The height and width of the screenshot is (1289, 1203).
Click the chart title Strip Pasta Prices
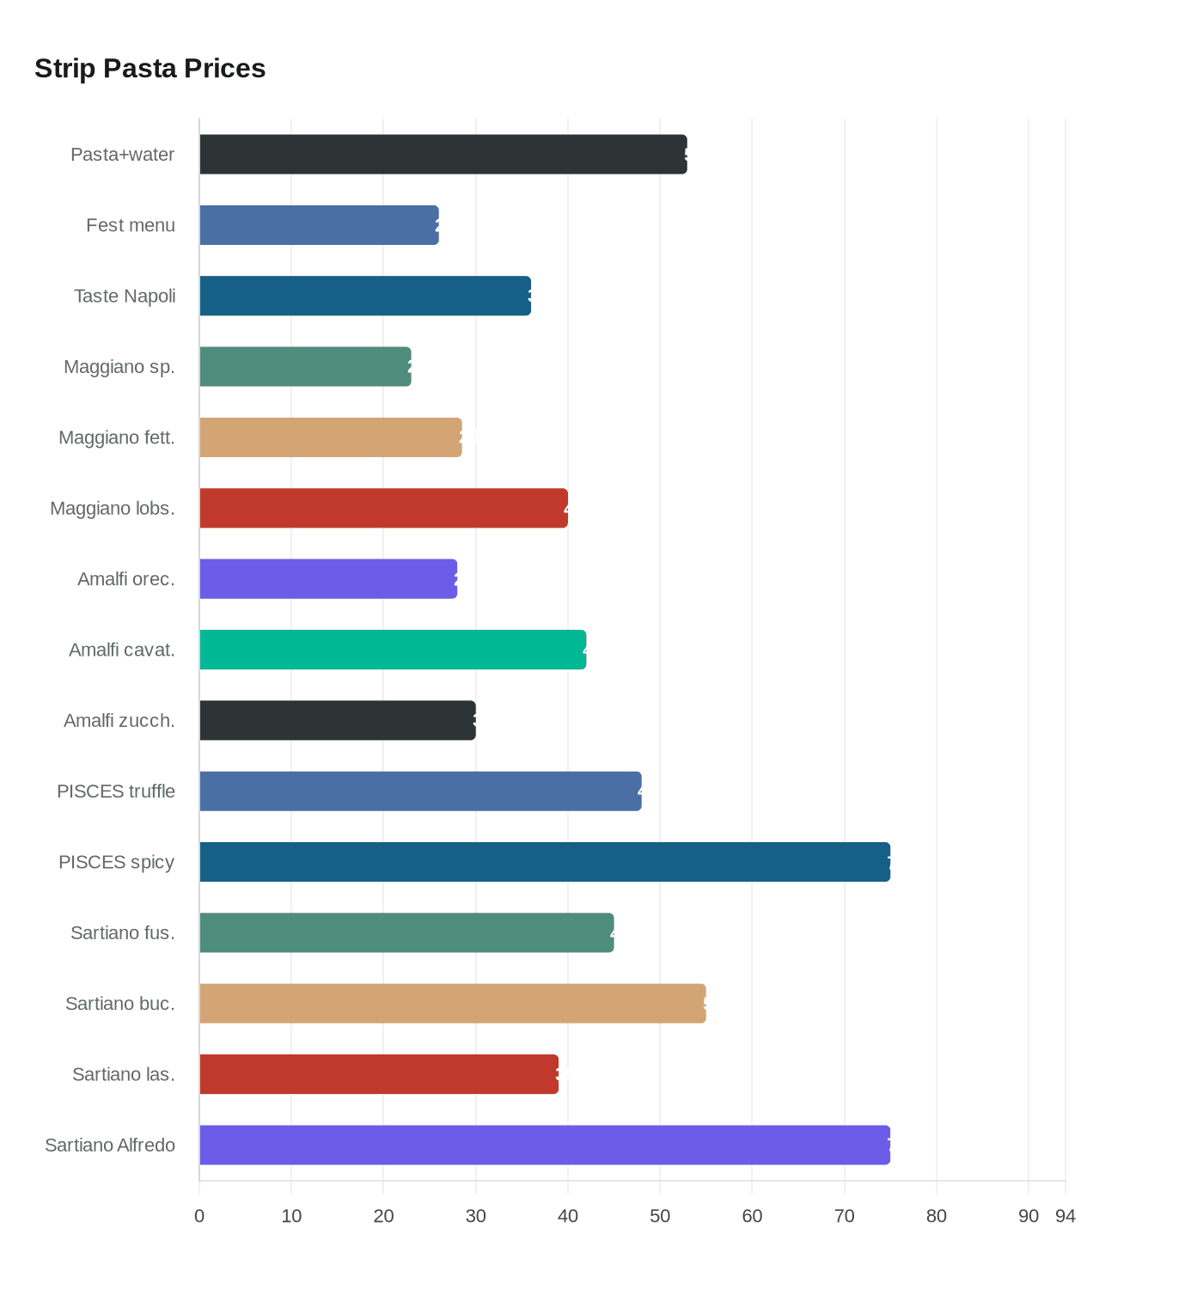pyautogui.click(x=150, y=68)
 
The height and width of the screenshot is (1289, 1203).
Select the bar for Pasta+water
pyautogui.click(x=443, y=155)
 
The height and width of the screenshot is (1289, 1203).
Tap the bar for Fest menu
pyautogui.click(x=319, y=225)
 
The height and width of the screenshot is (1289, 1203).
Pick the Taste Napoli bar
pyautogui.click(x=365, y=296)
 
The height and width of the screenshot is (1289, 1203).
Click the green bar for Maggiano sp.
pyautogui.click(x=305, y=367)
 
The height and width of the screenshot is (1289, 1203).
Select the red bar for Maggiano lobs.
pyautogui.click(x=383, y=508)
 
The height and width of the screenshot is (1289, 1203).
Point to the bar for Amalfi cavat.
pyautogui.click(x=393, y=650)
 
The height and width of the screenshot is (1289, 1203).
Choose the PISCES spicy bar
pyautogui.click(x=545, y=862)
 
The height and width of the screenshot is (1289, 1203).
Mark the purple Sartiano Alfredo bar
pyautogui.click(x=545, y=1145)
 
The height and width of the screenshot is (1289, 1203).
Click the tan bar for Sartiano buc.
pyautogui.click(x=453, y=1004)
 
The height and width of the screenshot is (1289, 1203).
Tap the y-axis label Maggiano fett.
pyautogui.click(x=117, y=437)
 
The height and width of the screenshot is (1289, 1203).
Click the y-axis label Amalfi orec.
pyautogui.click(x=126, y=579)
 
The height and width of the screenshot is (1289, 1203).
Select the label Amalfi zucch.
pyautogui.click(x=119, y=720)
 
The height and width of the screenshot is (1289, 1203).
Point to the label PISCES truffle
pyautogui.click(x=116, y=791)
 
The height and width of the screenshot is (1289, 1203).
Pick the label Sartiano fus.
pyautogui.click(x=123, y=932)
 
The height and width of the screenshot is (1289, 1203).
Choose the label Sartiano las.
pyautogui.click(x=124, y=1074)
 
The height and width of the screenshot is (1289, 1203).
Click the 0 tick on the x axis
pyautogui.click(x=199, y=1216)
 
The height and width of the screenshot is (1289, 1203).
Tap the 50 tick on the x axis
pyautogui.click(x=660, y=1216)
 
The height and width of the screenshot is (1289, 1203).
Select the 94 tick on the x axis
pyautogui.click(x=1066, y=1216)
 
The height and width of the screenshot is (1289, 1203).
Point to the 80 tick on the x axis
pyautogui.click(x=937, y=1216)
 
